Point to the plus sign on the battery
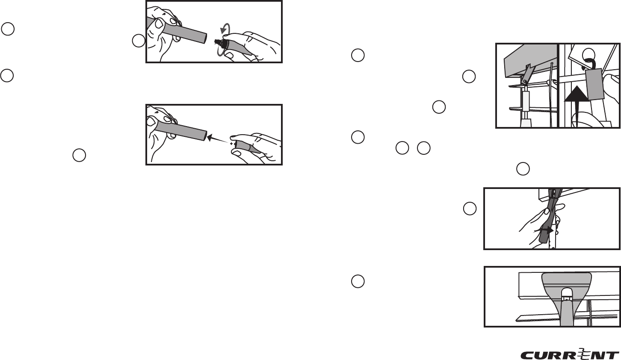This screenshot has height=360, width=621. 231,144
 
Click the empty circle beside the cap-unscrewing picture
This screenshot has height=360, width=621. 138,41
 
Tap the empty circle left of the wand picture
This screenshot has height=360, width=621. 470,208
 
